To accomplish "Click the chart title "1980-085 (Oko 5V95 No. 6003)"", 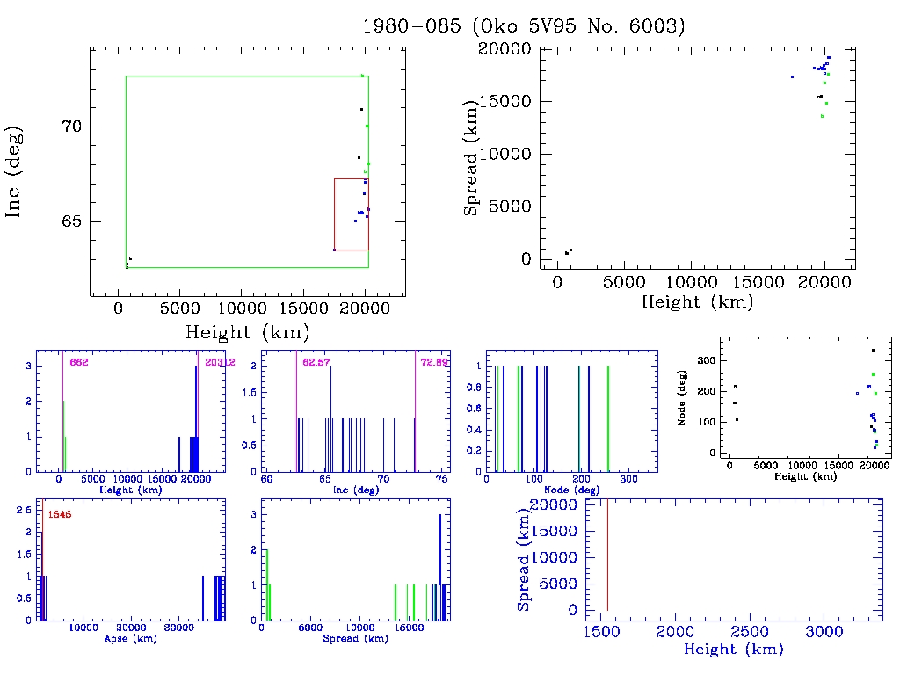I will tap(524, 25).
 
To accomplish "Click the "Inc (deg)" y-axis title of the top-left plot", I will tap(15, 172).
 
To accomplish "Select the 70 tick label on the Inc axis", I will tap(71, 127).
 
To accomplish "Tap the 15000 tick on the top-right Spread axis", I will tap(504, 101).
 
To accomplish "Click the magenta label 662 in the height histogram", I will tap(79, 362).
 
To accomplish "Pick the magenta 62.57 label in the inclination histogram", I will tap(313, 362).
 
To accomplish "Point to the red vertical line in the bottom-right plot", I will tap(607, 554).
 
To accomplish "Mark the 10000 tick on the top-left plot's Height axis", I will tap(242, 308).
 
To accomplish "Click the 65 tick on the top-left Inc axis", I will tap(71, 221).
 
